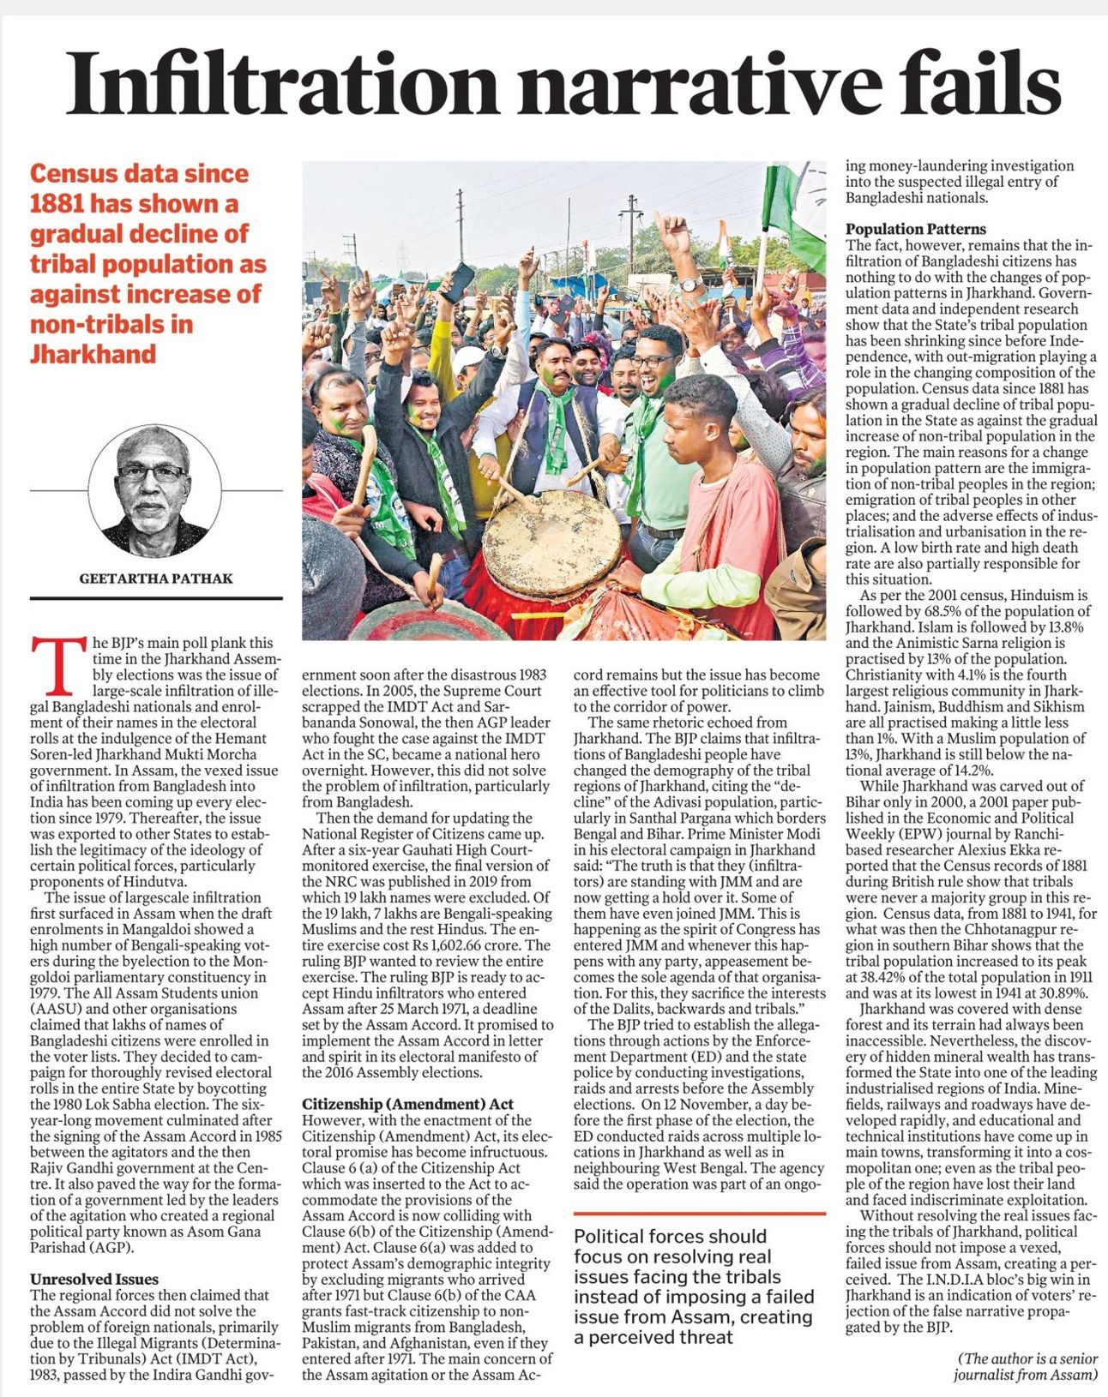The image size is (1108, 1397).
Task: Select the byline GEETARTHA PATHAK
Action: (156, 579)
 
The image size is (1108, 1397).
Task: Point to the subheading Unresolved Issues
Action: (94, 1279)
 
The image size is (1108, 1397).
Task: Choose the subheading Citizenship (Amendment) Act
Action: (407, 1104)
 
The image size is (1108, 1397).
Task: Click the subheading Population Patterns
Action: (916, 229)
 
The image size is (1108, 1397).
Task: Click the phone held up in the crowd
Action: (458, 282)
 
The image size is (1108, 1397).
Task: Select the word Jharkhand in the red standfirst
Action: (93, 353)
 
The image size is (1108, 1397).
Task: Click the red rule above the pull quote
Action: (699, 1214)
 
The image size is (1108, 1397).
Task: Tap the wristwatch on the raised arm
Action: (691, 284)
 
